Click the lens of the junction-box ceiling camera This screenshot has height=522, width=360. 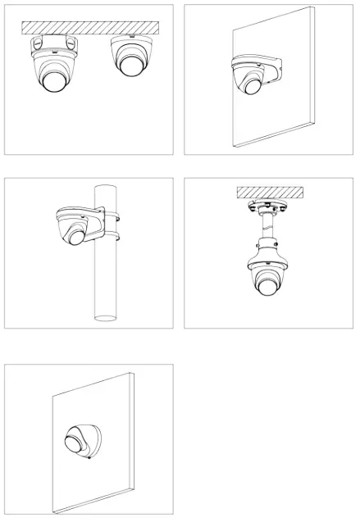coord(52,79)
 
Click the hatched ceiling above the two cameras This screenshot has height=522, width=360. coord(89,28)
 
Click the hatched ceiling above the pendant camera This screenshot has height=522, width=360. coord(269,192)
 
